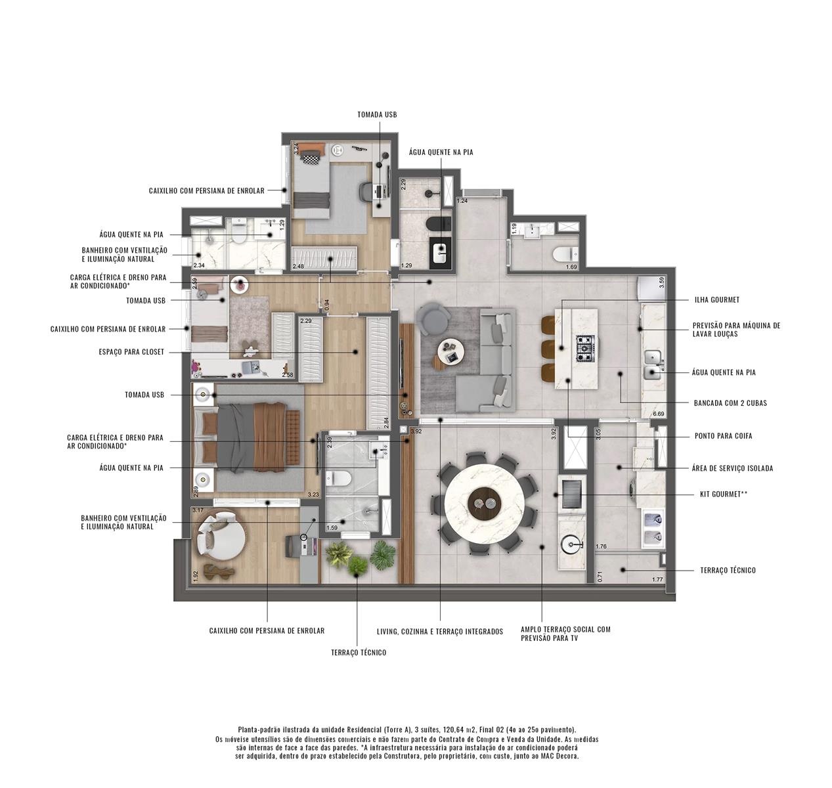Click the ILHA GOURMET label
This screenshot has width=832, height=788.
tap(716, 299)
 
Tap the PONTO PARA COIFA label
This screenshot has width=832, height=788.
tap(723, 435)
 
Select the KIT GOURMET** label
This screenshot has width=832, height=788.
tap(723, 494)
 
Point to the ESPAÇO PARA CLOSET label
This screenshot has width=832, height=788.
tap(131, 352)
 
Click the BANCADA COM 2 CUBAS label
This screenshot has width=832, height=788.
tap(730, 403)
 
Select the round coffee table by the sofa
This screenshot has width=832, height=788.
tap(450, 351)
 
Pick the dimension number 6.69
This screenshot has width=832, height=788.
tap(659, 414)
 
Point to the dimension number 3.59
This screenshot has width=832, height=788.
tap(661, 282)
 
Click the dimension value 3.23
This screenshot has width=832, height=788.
tap(313, 494)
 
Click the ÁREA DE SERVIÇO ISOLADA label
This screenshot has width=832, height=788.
tap(732, 468)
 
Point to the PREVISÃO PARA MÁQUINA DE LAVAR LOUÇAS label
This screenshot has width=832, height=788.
tap(736, 329)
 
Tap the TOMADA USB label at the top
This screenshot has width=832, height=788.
tap(377, 114)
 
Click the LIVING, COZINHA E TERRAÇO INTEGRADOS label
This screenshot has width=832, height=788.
tap(440, 632)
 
